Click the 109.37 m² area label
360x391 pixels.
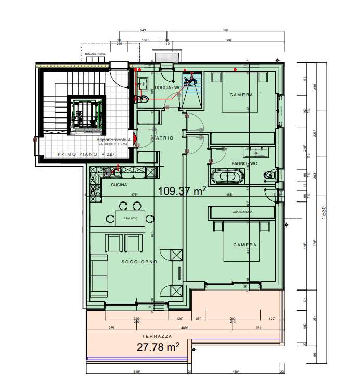(182, 192)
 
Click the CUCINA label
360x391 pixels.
(119, 185)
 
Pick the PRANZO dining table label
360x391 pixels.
(131, 218)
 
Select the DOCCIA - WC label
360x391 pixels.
(168, 88)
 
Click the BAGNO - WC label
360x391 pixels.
(245, 164)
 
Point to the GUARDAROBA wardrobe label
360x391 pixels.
(242, 212)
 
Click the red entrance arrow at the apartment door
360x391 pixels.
(135, 139)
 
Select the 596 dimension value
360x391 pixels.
(225, 30)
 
